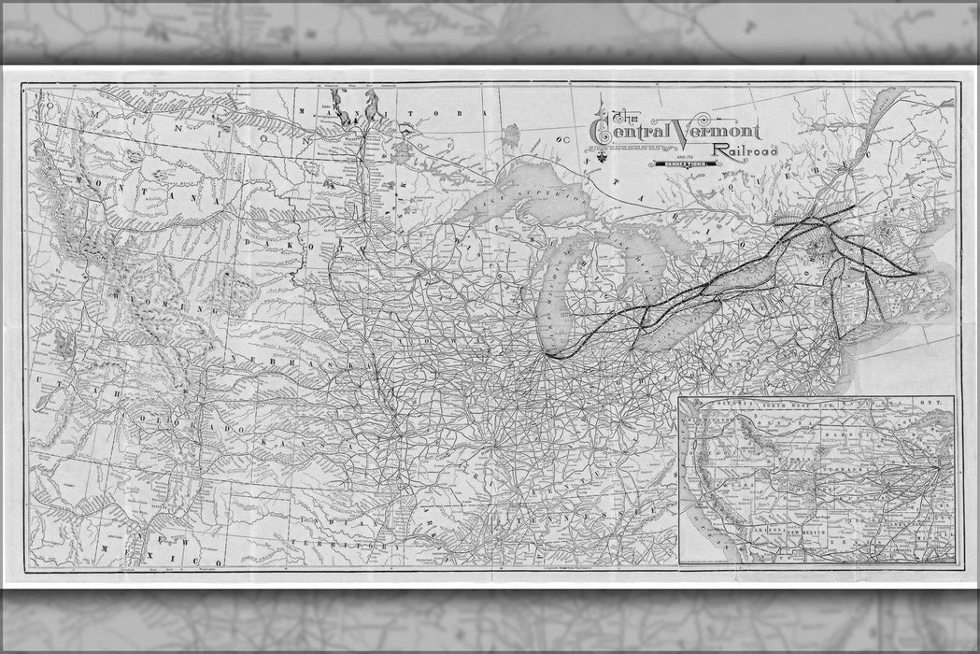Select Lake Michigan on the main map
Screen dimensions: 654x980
tap(561, 280)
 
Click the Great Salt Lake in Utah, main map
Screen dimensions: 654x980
tap(64, 345)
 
